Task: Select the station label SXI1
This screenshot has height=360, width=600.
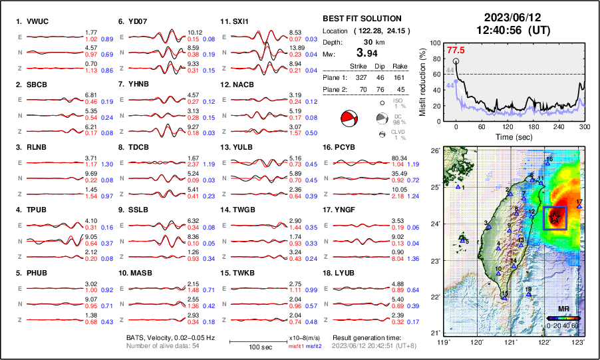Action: pyautogui.click(x=240, y=21)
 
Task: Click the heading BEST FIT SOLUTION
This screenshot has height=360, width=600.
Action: pyautogui.click(x=361, y=19)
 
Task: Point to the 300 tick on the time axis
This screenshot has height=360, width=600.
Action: pyautogui.click(x=584, y=126)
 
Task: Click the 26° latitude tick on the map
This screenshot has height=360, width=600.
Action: pyautogui.click(x=436, y=152)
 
